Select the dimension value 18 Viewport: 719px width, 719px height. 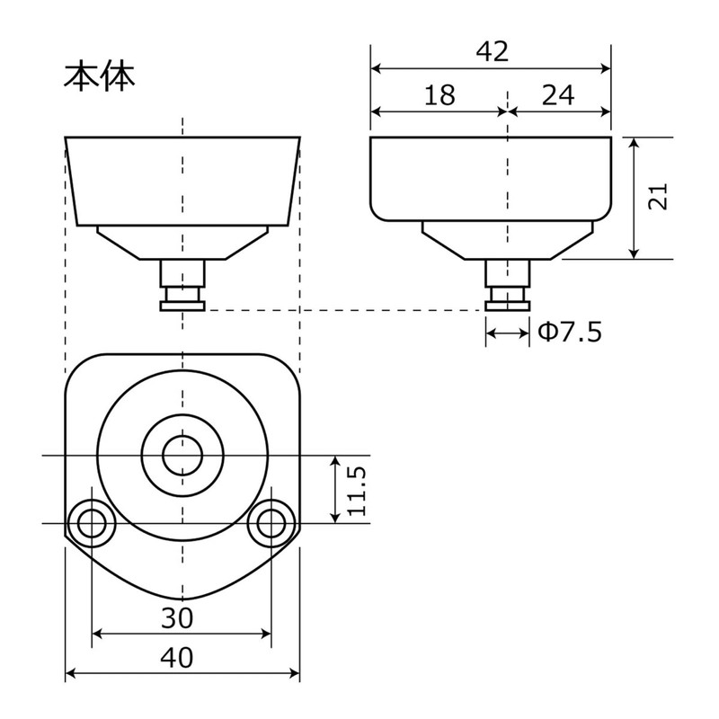(x=439, y=95)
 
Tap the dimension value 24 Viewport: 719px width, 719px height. (x=559, y=95)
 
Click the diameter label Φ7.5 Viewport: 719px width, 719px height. (x=569, y=333)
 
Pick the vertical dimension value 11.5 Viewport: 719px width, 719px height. (x=359, y=490)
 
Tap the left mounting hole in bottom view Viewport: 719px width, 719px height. (x=92, y=522)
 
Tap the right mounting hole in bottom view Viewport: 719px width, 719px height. (x=271, y=522)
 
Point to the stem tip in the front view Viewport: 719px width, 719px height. (x=182, y=306)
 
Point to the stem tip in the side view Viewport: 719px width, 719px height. (x=508, y=306)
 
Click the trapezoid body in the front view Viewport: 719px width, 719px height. (x=182, y=180)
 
